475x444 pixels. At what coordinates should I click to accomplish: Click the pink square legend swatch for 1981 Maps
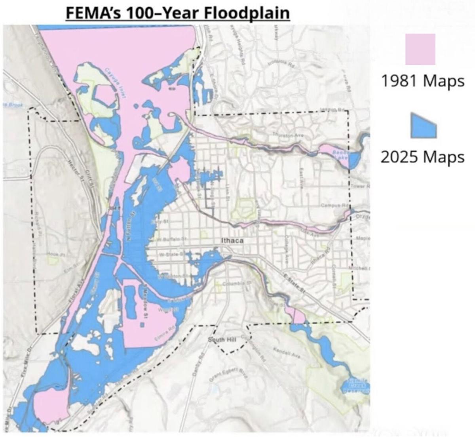420,49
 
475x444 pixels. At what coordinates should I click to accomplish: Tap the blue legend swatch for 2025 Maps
423,126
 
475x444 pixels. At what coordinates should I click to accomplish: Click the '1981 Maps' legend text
422,81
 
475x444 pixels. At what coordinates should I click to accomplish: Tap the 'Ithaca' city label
232,240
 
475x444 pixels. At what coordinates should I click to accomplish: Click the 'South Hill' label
222,339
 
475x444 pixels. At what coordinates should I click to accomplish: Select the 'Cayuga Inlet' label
115,78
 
